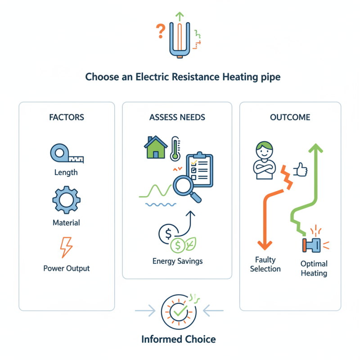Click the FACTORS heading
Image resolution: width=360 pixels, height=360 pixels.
67,117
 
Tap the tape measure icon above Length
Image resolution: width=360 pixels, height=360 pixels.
67,154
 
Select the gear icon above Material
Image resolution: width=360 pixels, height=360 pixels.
66,200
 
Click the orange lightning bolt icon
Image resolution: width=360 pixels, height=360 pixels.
66,247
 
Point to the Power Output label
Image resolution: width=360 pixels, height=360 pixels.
67,268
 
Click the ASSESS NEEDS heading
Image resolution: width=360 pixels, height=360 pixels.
177,117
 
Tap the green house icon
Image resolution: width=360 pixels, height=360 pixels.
155,148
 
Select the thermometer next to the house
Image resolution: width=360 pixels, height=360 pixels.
174,148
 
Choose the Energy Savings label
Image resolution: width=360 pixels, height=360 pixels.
177,261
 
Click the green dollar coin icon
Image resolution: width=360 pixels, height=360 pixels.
179,245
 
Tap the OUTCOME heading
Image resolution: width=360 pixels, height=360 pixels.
290,117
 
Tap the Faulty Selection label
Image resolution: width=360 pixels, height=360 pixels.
265,264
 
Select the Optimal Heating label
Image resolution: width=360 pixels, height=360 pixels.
314,268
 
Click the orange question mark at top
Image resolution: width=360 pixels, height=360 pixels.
160,31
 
